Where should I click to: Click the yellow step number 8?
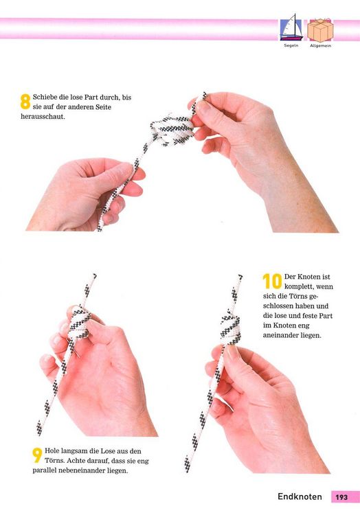[25, 102]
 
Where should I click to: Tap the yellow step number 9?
[38, 455]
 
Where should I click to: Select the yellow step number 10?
[272, 281]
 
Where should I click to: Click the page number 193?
[341, 497]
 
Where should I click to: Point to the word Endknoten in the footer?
[300, 496]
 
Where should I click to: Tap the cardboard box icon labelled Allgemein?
[320, 30]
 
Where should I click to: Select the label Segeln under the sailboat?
[291, 45]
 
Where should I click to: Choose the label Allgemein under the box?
[320, 46]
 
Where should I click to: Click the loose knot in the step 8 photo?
[172, 130]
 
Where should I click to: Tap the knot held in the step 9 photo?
[79, 323]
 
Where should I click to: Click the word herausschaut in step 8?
[43, 117]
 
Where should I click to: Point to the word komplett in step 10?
[299, 287]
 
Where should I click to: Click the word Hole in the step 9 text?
[52, 451]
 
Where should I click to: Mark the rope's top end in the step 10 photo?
[240, 276]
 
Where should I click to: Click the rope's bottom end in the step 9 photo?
[39, 433]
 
